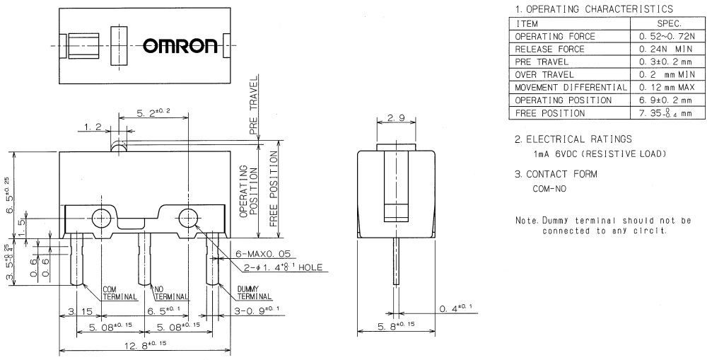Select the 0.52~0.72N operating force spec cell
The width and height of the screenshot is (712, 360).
point(666,36)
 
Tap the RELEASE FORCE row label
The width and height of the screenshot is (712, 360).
point(550,49)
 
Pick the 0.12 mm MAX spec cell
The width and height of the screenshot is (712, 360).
point(666,87)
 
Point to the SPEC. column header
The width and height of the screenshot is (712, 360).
point(666,23)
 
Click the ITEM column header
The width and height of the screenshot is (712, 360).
point(527,23)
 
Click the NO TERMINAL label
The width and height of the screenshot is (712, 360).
point(170,293)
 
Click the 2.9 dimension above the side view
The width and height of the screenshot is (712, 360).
point(396,118)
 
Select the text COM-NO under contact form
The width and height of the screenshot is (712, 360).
point(547,189)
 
